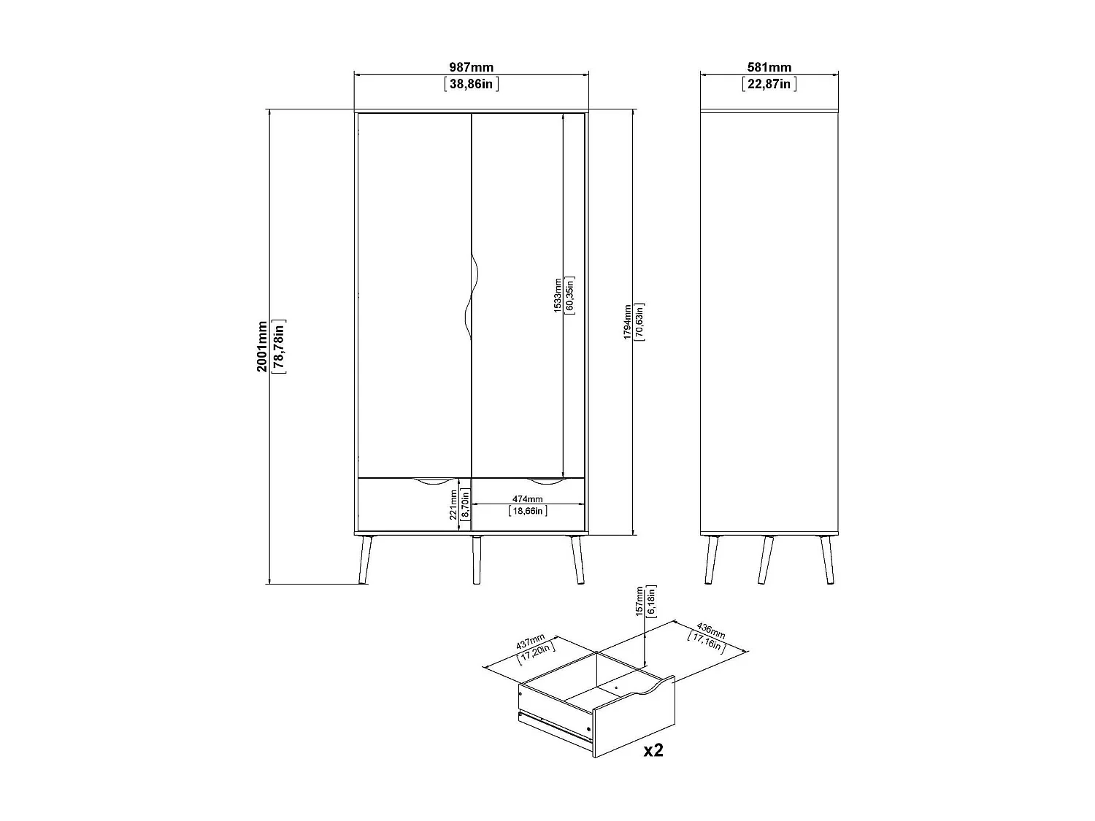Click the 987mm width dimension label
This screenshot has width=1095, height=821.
(471, 68)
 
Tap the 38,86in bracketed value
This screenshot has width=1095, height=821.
(471, 84)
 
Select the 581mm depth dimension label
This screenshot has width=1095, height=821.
(769, 68)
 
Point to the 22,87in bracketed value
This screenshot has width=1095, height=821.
(769, 84)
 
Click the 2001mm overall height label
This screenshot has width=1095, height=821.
(262, 346)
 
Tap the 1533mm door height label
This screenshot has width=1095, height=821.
(558, 295)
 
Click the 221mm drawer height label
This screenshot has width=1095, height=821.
(453, 504)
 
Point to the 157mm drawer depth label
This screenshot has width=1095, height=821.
(639, 601)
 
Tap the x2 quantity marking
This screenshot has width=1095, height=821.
(653, 750)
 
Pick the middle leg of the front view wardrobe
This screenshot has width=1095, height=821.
(477, 560)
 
